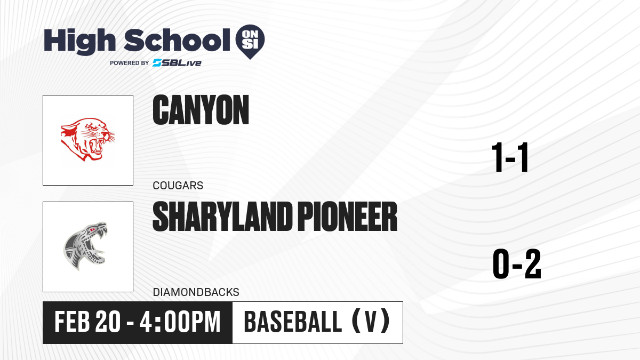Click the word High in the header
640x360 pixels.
79,42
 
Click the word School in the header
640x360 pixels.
177,41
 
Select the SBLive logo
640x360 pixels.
177,63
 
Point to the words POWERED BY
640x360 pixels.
130,63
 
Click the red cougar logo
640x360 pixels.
87,139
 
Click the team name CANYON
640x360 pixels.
201,110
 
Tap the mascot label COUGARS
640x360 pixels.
178,186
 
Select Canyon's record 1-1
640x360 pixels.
510,157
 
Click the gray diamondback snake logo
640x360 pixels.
85,246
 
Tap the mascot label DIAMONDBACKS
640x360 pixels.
196,292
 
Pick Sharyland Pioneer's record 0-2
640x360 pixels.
517,263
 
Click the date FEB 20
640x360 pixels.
87,322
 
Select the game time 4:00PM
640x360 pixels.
180,322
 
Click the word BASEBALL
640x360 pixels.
293,322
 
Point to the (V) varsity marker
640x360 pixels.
371,322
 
